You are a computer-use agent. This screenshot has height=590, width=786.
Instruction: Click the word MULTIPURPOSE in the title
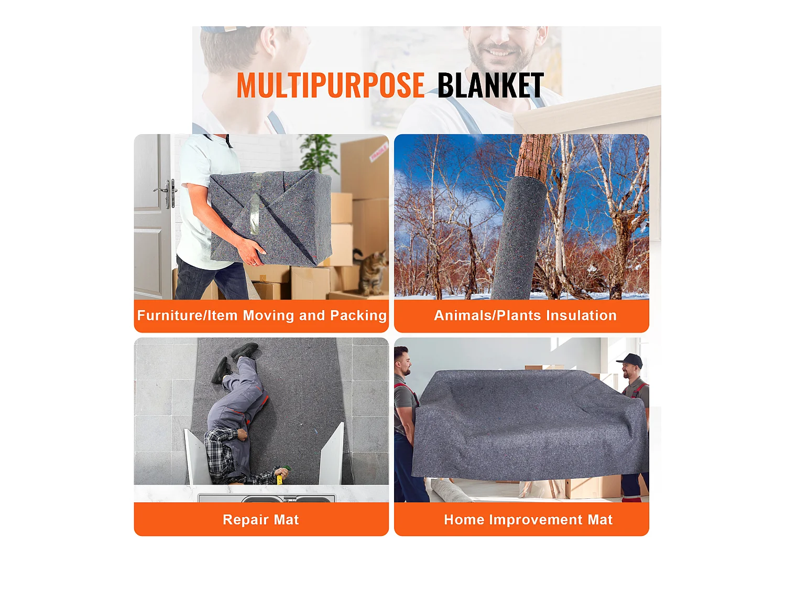pos(330,85)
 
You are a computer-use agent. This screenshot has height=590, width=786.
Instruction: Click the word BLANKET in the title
pos(490,85)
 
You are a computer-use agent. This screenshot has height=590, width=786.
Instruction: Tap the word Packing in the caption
pos(358,316)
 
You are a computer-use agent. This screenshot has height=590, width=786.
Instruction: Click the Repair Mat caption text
pos(260,520)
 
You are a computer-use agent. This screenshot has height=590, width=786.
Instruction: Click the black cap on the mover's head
pos(631,360)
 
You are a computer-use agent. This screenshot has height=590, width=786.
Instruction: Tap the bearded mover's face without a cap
pos(401,363)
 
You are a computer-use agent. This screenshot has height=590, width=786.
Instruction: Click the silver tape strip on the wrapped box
pos(255,205)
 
